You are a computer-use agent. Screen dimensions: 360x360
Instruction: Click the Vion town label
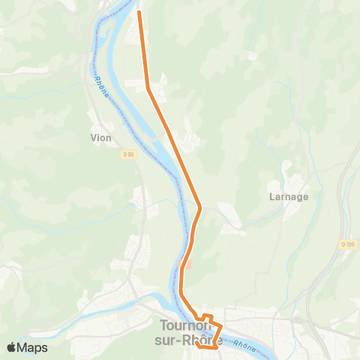(100, 138)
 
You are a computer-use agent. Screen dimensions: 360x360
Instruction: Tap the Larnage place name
(288, 197)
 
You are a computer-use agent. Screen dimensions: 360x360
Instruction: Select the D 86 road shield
(129, 154)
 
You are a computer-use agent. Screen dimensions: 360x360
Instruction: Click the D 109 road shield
(347, 244)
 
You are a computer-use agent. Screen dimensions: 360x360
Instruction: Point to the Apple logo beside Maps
(13, 347)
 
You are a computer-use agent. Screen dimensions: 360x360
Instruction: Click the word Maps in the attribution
(33, 347)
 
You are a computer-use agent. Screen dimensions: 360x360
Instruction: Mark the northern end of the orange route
(140, 12)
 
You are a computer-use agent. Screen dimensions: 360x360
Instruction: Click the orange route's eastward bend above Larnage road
(200, 207)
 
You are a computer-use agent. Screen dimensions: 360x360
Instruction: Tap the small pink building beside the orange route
(188, 264)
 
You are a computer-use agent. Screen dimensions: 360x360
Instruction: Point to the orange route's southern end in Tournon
(196, 343)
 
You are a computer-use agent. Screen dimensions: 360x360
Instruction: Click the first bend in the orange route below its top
(149, 89)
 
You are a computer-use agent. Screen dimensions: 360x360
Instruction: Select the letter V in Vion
(93, 138)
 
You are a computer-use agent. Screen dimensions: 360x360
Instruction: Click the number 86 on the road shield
(131, 154)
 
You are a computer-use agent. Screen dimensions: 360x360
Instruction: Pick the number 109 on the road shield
(349, 244)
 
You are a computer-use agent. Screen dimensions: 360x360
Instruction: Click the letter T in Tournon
(164, 326)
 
